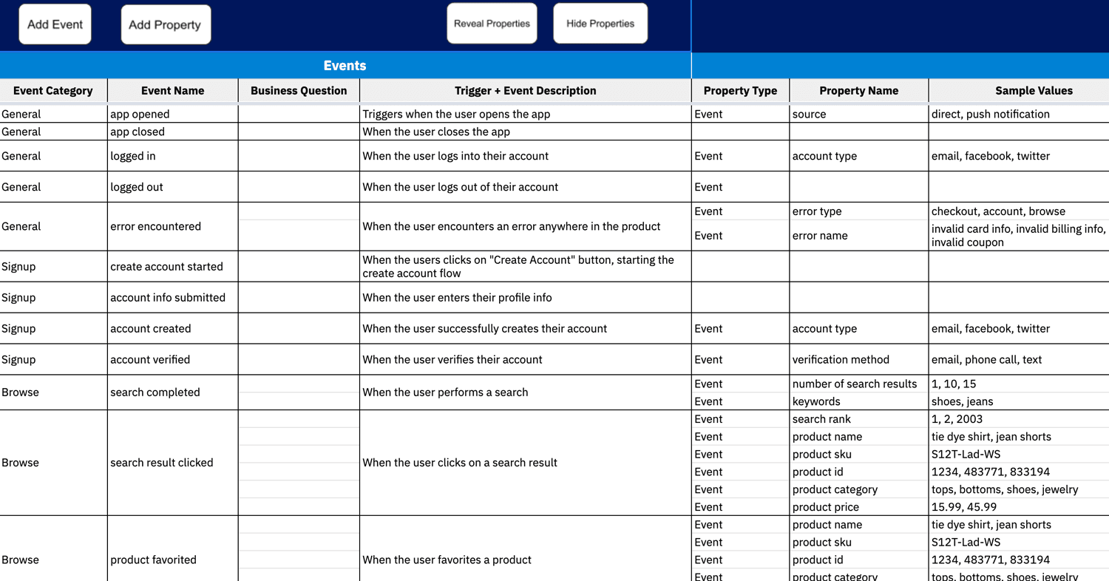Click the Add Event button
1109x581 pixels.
[55, 24]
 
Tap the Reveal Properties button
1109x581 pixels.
[492, 24]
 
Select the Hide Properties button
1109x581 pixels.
[600, 24]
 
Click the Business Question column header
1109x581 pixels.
[299, 91]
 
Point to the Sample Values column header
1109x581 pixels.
[1034, 91]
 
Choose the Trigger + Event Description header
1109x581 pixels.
[525, 91]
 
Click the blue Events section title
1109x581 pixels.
[345, 66]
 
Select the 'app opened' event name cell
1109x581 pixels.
[140, 114]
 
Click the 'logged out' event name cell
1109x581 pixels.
[137, 187]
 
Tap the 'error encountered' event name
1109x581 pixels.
[155, 226]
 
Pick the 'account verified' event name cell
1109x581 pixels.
[150, 359]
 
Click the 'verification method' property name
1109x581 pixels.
[841, 359]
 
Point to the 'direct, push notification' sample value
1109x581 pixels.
[990, 114]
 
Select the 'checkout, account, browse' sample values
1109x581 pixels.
[998, 211]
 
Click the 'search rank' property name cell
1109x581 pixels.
[821, 419]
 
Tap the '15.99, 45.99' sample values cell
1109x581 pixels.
[964, 507]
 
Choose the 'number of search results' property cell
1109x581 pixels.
[855, 384]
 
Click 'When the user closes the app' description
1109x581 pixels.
[436, 132]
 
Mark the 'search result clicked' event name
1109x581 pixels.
[161, 463]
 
